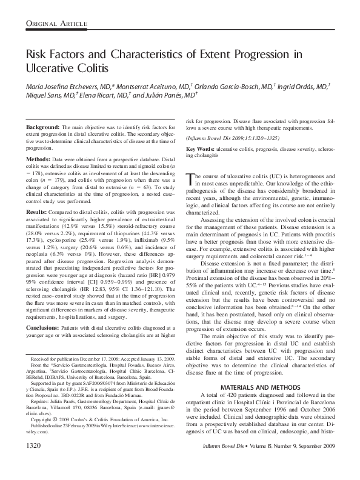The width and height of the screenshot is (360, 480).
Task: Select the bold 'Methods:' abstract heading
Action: tap(38, 159)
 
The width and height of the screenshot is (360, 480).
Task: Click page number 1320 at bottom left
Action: tap(36, 463)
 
